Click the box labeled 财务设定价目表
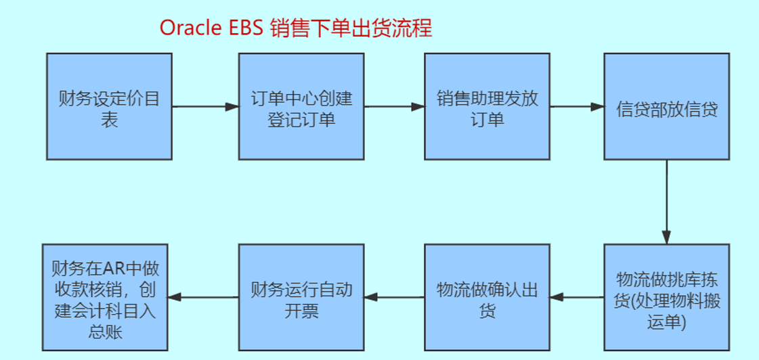click(109, 107)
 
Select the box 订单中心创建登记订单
click(301, 107)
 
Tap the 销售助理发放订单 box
click(487, 107)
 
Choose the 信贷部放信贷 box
click(667, 107)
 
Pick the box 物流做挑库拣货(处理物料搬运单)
click(667, 298)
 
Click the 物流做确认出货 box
click(487, 298)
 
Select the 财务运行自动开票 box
click(301, 298)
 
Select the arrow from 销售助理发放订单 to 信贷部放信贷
click(576, 107)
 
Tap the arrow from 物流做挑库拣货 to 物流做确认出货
click(576, 296)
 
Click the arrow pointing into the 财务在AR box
click(203, 296)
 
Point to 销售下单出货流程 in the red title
click(351, 28)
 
